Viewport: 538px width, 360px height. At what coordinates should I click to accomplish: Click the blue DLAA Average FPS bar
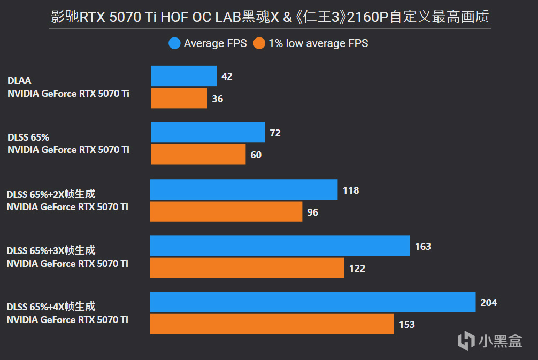pos(183,76)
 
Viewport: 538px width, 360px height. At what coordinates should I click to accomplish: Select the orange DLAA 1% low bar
pos(179,98)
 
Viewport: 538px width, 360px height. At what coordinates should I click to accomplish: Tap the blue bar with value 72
pos(207,132)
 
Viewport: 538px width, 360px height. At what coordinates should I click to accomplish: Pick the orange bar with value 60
pos(198,154)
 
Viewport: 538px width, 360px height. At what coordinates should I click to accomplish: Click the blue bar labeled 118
pos(243,189)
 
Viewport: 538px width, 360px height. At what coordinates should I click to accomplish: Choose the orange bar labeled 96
pos(226,211)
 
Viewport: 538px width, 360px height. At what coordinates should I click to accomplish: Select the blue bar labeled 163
pos(279,246)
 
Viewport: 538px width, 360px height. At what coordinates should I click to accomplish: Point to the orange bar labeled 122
pos(247,267)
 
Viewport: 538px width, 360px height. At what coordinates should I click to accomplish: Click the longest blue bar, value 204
pos(312,302)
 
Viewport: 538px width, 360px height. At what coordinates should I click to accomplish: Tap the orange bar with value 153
pos(271,324)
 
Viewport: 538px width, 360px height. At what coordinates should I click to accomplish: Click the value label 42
pos(227,76)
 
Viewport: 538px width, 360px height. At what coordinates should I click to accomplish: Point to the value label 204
pos(489,303)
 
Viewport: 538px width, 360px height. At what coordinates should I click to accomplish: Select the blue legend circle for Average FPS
pos(174,43)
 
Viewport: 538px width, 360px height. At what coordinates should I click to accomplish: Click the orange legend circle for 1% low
pos(259,43)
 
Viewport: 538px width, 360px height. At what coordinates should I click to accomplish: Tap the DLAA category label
pos(19,81)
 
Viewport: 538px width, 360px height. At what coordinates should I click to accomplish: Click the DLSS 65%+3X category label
pos(51,250)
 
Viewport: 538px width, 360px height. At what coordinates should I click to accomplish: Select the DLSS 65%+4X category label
pos(51,307)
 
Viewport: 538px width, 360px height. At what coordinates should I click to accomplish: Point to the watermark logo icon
pos(467,340)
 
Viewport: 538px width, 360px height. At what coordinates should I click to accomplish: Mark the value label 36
pos(217,99)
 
